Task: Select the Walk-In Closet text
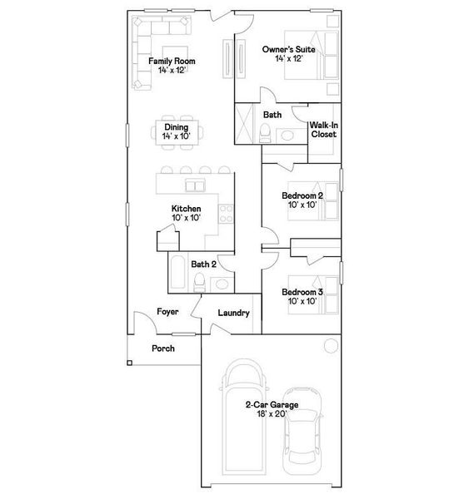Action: coord(323,129)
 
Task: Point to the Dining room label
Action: coord(176,126)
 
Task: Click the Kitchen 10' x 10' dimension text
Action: coord(186,218)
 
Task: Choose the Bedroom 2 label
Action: coord(302,195)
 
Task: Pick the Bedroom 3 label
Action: coord(302,292)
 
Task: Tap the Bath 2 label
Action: coord(203,264)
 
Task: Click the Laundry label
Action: coord(234,313)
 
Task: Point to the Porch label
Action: coord(163,348)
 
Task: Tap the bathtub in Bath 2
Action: coord(176,274)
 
